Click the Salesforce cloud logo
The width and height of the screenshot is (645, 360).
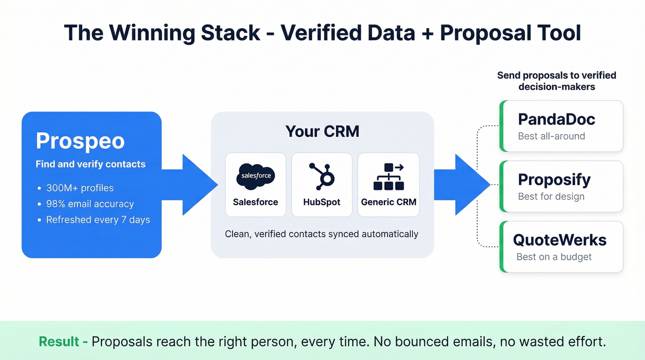tap(255, 176)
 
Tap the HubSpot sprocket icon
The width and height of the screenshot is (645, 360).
tap(322, 176)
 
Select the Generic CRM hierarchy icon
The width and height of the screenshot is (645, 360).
tap(388, 177)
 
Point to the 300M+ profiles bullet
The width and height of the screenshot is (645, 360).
tap(80, 188)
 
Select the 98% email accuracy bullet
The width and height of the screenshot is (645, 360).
tap(90, 204)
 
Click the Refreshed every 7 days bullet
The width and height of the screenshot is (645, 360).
tap(98, 220)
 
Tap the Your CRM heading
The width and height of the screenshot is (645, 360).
tap(322, 131)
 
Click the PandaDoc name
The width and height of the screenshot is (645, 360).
tap(557, 119)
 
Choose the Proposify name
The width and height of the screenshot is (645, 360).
tap(554, 179)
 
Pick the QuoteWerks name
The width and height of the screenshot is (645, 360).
tap(560, 240)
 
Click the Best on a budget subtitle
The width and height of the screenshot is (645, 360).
tap(554, 257)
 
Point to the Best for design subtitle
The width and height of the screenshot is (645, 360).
tap(551, 197)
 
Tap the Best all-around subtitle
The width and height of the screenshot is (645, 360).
tap(551, 136)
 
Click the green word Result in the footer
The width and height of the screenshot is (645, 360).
tap(59, 342)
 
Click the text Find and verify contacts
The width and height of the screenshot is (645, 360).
tap(90, 164)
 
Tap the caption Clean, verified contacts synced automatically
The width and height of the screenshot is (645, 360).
tap(322, 234)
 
